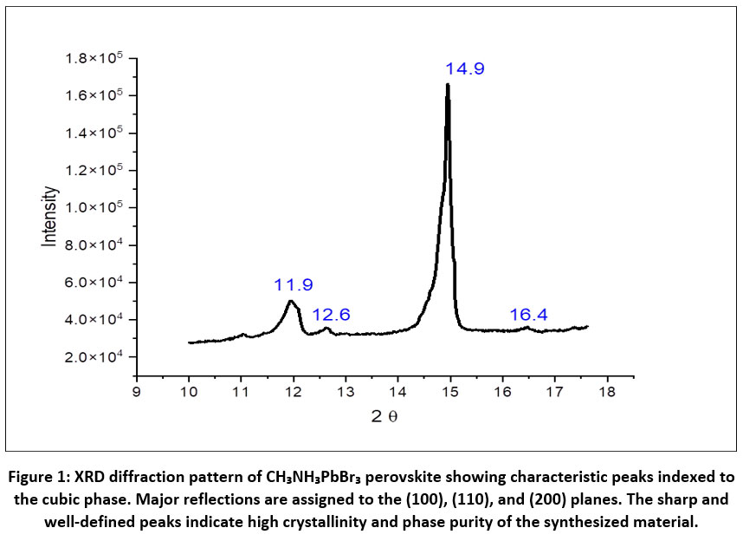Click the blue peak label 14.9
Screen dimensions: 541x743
[x=465, y=68]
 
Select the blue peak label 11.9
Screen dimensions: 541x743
[x=293, y=284]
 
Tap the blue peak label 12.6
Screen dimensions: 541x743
[x=331, y=314]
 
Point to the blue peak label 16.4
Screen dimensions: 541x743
[x=528, y=314]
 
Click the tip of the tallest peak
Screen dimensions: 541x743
[x=448, y=84]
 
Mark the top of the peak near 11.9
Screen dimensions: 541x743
[x=291, y=301]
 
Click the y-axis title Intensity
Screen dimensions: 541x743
[x=50, y=216]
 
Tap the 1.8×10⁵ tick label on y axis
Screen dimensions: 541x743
[x=94, y=58]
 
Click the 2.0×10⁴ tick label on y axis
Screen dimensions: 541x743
[x=94, y=356]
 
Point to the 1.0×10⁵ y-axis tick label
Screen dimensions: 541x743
[x=94, y=207]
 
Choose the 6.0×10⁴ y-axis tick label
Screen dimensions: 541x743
[x=94, y=282]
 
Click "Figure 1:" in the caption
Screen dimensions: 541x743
[x=42, y=478]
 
